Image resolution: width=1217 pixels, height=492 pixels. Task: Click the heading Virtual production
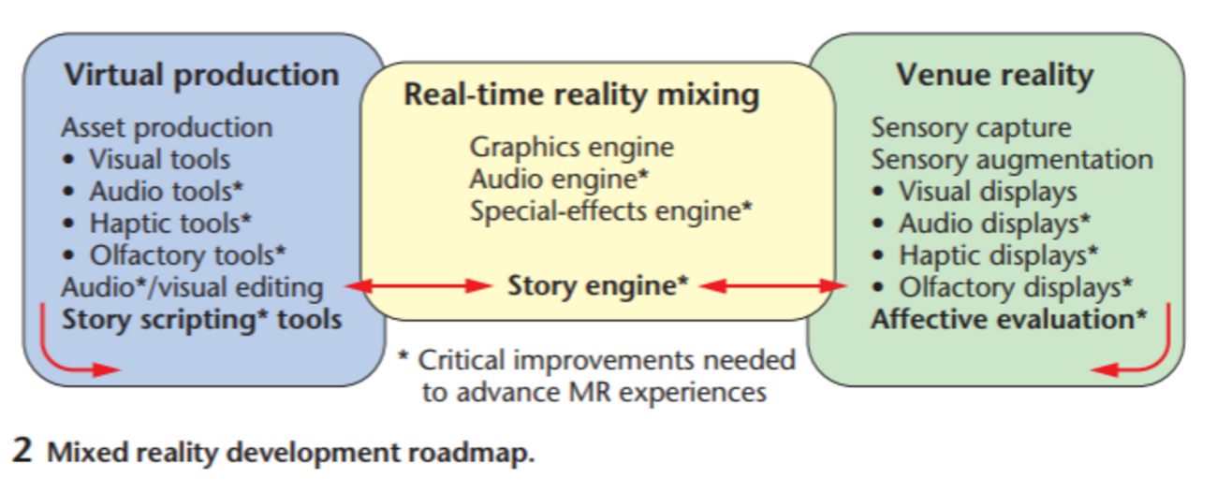pos(201,75)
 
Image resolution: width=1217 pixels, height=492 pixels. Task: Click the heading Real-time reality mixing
pos(581,95)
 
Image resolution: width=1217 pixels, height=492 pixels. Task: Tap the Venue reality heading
pos(994,75)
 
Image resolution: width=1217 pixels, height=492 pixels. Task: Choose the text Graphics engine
pos(572,147)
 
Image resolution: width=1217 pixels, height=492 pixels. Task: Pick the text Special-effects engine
pos(611,210)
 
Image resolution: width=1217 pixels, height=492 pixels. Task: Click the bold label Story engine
pos(592,285)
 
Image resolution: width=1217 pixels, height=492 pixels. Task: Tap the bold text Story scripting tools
pos(201,319)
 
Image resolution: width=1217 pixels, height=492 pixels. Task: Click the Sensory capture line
pos(972,127)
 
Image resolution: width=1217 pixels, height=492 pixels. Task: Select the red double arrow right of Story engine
pos(767,286)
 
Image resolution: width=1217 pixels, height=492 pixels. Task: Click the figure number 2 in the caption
pos(22,452)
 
